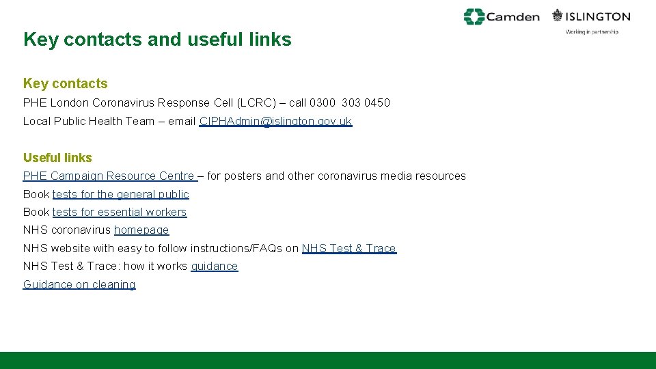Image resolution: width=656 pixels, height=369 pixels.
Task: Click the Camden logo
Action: pos(502,16)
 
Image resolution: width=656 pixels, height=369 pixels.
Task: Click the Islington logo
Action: pos(592,16)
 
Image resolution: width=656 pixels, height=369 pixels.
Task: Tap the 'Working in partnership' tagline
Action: pos(592,32)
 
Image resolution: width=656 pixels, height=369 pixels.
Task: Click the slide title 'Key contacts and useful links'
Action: pos(157,40)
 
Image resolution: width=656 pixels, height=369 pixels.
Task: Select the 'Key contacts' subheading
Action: pos(66,83)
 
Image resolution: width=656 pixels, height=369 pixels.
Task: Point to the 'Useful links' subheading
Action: pos(57,157)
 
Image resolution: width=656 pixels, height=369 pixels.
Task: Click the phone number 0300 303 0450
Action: pos(350,103)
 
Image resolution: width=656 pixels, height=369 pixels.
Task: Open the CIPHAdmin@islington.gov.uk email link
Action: pos(275,122)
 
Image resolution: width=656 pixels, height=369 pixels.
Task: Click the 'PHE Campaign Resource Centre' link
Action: pos(109,176)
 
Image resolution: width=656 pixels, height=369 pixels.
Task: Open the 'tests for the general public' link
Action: pos(120,194)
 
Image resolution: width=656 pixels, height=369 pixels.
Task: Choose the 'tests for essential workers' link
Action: pos(120,213)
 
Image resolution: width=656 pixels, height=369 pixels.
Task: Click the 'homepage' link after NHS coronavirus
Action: pos(141,230)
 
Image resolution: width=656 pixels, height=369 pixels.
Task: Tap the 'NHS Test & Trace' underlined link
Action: pos(348,249)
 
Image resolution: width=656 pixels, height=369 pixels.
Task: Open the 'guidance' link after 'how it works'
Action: pos(215,266)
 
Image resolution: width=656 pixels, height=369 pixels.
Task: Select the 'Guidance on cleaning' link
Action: pos(79,284)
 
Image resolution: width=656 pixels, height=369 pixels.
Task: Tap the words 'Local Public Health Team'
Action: pos(89,122)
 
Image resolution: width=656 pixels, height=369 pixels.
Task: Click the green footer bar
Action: pos(328,360)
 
